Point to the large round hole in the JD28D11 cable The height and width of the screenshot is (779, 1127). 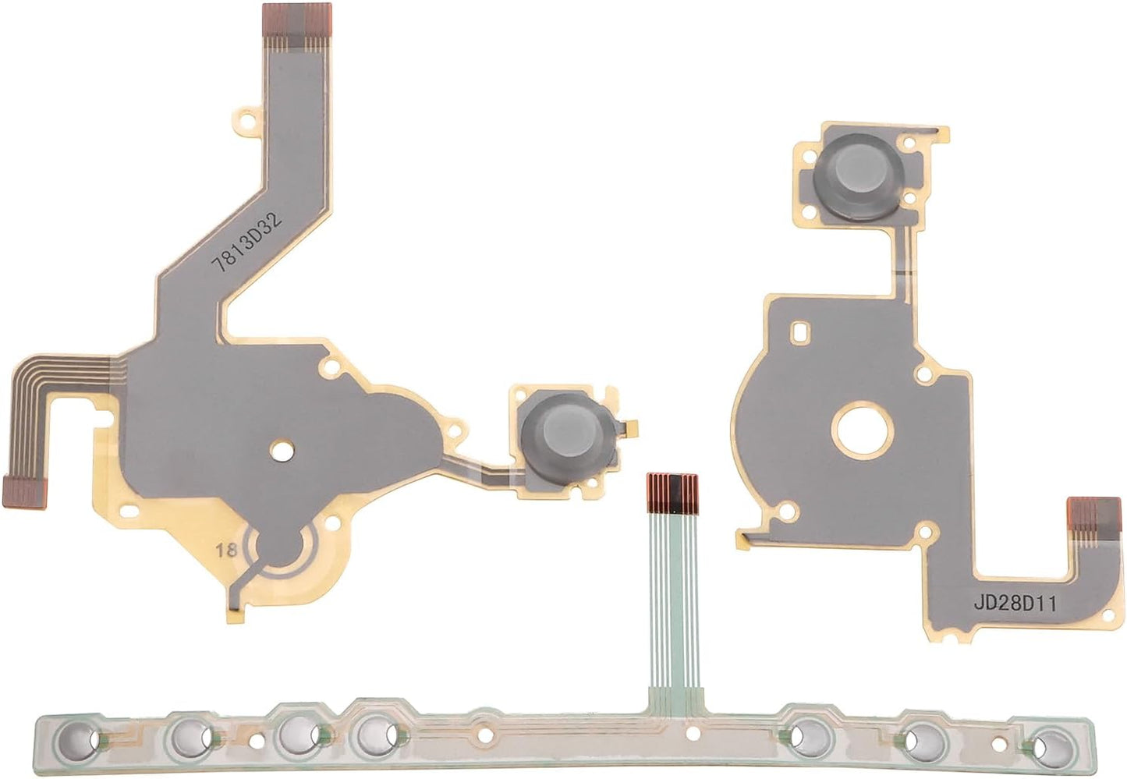coord(862,428)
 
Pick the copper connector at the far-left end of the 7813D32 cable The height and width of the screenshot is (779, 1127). coord(23,491)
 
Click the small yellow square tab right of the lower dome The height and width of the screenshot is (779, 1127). coord(634,427)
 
